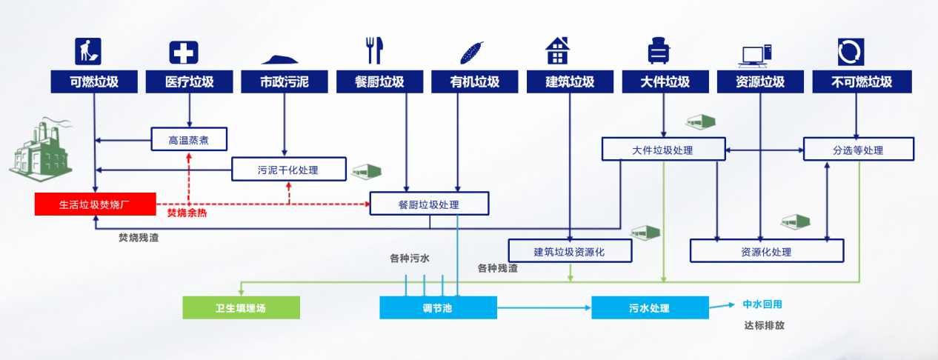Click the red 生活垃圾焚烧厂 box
point(95,204)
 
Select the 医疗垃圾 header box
point(190,81)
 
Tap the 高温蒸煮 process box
point(189,139)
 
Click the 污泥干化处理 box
point(288,169)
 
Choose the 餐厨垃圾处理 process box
point(429,204)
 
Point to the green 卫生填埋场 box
point(241,307)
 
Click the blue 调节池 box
point(438,307)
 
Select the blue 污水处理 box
point(649,307)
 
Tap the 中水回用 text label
point(762,304)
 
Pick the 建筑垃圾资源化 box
point(570,251)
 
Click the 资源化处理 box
point(766,251)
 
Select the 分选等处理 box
point(859,150)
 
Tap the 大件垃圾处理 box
point(662,150)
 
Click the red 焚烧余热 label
point(187,213)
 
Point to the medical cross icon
point(184,52)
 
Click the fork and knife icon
point(373,50)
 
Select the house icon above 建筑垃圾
point(557,50)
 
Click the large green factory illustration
point(41,152)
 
